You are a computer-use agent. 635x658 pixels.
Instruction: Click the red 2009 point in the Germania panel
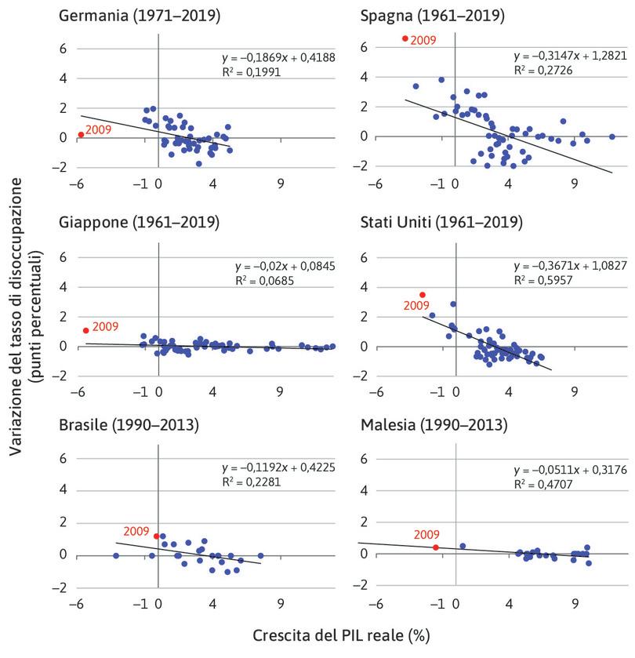[x=82, y=135]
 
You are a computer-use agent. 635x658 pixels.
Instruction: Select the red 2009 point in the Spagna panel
[x=405, y=38]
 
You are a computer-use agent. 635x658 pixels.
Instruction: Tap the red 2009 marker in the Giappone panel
[x=86, y=331]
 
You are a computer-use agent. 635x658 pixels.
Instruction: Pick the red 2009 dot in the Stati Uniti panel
[x=423, y=295]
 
